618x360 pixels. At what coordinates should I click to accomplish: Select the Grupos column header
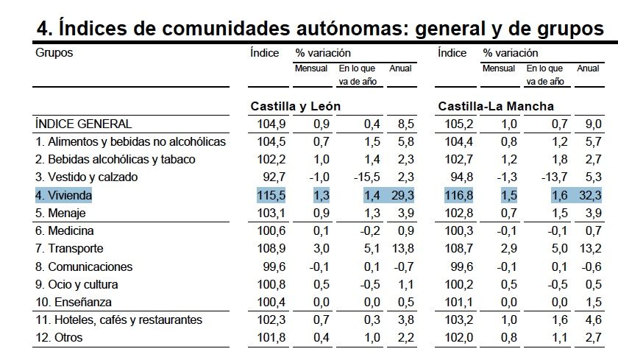point(54,53)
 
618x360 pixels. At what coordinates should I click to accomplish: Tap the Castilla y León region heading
point(296,106)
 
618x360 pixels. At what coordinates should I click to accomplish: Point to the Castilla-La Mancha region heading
point(496,106)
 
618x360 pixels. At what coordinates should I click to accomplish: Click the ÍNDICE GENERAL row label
point(84,124)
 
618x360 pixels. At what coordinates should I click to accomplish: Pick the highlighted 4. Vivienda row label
point(65,195)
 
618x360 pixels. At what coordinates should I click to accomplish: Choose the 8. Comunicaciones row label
point(84,267)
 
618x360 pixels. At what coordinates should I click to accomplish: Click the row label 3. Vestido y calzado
point(86,177)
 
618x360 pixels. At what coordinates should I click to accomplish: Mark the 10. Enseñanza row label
point(74,303)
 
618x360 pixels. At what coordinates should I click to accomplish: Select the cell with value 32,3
point(591,195)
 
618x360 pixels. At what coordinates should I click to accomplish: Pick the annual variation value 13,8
point(402,249)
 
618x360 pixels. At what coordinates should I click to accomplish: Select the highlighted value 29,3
point(402,195)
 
